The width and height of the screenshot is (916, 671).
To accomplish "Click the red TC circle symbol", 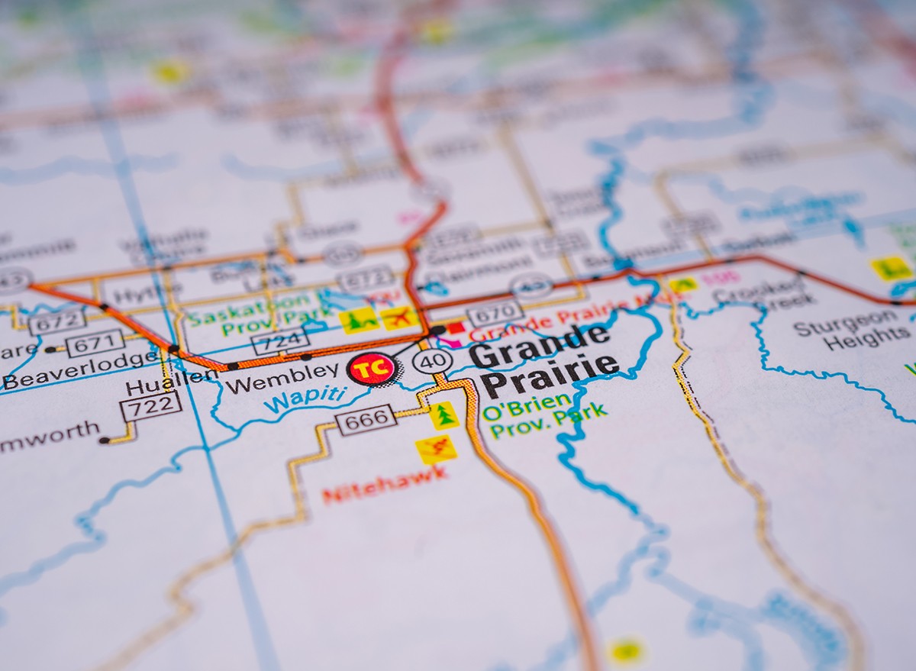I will coord(372,369).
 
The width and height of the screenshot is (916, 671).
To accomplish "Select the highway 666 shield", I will coord(366,419).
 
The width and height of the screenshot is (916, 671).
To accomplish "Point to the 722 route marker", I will coord(150,406).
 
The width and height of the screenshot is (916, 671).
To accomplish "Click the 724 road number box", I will coord(280,340).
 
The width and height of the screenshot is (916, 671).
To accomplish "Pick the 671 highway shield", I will coord(95,343).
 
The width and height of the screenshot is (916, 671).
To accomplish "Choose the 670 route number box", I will coord(495,313).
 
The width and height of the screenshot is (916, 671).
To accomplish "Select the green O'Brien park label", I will coord(527,402).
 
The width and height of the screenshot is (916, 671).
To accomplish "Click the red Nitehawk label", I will coord(385,485).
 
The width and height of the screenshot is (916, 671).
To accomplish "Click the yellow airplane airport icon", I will coord(399,318).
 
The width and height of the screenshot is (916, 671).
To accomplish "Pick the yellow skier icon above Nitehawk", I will coord(437,450).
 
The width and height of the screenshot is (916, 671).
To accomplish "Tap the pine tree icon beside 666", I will coord(443,415).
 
